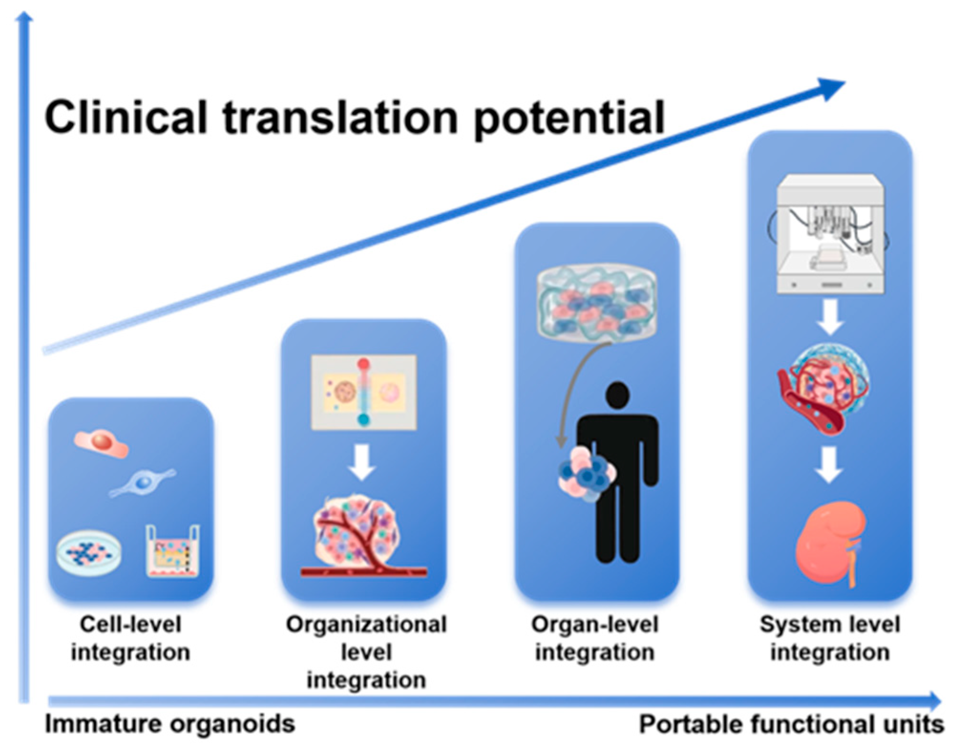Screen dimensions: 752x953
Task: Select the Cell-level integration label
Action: point(130,638)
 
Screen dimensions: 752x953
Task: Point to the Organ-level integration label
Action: point(595,638)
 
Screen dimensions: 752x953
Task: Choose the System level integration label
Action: point(830,638)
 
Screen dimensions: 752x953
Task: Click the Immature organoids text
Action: point(170,724)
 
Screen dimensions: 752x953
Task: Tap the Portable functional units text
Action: point(791,724)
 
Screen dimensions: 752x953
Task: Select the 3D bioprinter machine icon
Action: point(830,233)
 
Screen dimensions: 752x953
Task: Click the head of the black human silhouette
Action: point(618,395)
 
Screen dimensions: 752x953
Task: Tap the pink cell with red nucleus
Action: point(101,443)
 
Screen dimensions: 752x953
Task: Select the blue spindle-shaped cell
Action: point(142,483)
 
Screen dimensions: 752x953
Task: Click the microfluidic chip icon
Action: point(364,392)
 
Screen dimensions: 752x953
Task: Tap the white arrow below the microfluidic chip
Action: point(362,462)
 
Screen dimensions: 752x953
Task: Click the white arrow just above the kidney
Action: point(829,464)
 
